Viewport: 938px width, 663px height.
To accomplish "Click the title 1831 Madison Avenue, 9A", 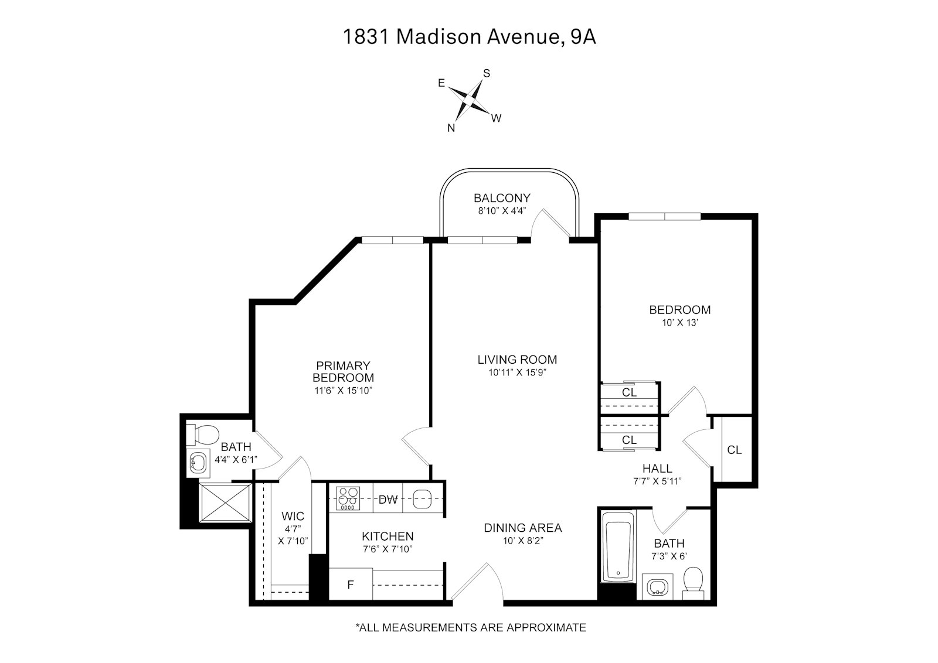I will click(x=469, y=37).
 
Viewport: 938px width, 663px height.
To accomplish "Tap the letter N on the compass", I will click(x=451, y=128).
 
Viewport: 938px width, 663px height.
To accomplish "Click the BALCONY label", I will click(x=502, y=198).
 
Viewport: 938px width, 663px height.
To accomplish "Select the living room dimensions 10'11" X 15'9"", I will click(x=516, y=372).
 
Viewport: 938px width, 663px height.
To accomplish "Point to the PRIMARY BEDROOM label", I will click(x=343, y=371).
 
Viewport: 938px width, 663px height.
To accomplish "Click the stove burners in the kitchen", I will click(x=348, y=500).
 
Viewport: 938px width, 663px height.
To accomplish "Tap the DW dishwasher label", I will click(x=388, y=500).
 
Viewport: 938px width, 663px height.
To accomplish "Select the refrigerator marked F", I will click(x=351, y=585).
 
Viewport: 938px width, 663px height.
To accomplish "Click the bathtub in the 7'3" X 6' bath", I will click(x=618, y=547).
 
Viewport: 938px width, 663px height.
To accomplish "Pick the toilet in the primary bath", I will click(x=202, y=435).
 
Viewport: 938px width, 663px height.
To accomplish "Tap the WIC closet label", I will click(x=293, y=516).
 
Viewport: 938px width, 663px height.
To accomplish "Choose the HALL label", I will click(x=657, y=469).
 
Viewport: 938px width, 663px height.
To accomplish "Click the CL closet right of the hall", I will click(x=734, y=450).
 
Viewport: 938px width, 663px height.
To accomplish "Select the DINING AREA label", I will click(x=522, y=528).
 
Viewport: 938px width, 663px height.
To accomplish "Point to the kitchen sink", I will click(x=422, y=500).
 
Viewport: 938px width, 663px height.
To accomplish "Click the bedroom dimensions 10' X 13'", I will click(x=679, y=323).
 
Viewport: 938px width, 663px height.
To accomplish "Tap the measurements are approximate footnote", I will click(x=470, y=628).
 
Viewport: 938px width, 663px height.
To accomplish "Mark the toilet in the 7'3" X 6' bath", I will click(x=694, y=581).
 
